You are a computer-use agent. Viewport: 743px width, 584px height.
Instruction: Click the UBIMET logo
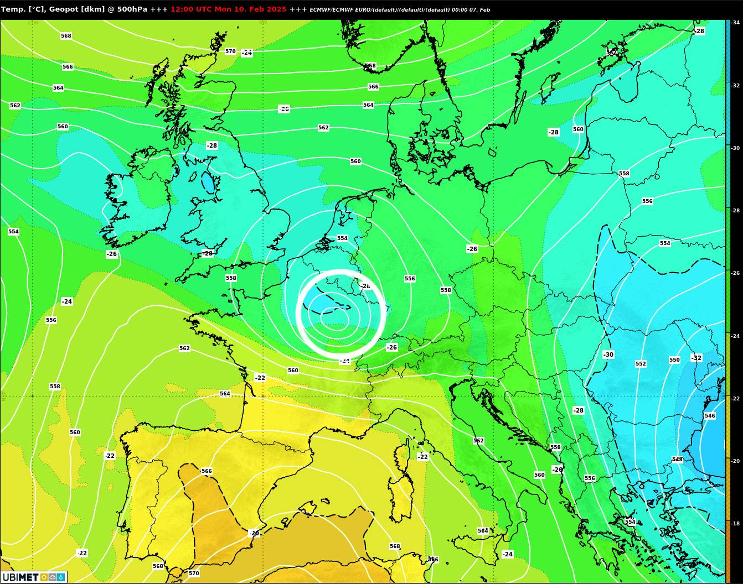pyautogui.click(x=33, y=577)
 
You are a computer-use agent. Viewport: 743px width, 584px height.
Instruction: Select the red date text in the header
pyautogui.click(x=228, y=9)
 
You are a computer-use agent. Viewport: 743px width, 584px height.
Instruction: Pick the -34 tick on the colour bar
pyautogui.click(x=735, y=23)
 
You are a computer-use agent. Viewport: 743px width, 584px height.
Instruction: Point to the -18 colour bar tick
pyautogui.click(x=735, y=523)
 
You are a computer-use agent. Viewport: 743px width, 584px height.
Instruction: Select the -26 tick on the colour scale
pyautogui.click(x=735, y=273)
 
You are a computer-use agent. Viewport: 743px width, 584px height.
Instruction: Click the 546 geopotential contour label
pyautogui.click(x=710, y=416)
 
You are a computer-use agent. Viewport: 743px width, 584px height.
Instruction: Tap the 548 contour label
pyautogui.click(x=677, y=460)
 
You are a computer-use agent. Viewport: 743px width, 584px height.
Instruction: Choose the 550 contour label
pyautogui.click(x=674, y=360)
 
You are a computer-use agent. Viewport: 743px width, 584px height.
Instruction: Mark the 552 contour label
pyautogui.click(x=641, y=364)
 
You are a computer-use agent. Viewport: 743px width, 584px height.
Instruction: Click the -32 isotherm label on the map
pyautogui.click(x=696, y=358)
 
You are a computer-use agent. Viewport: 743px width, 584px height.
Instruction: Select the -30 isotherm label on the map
pyautogui.click(x=608, y=354)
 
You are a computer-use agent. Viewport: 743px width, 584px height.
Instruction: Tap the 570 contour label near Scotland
pyautogui.click(x=230, y=51)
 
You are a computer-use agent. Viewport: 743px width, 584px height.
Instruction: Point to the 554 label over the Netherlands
pyautogui.click(x=342, y=238)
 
